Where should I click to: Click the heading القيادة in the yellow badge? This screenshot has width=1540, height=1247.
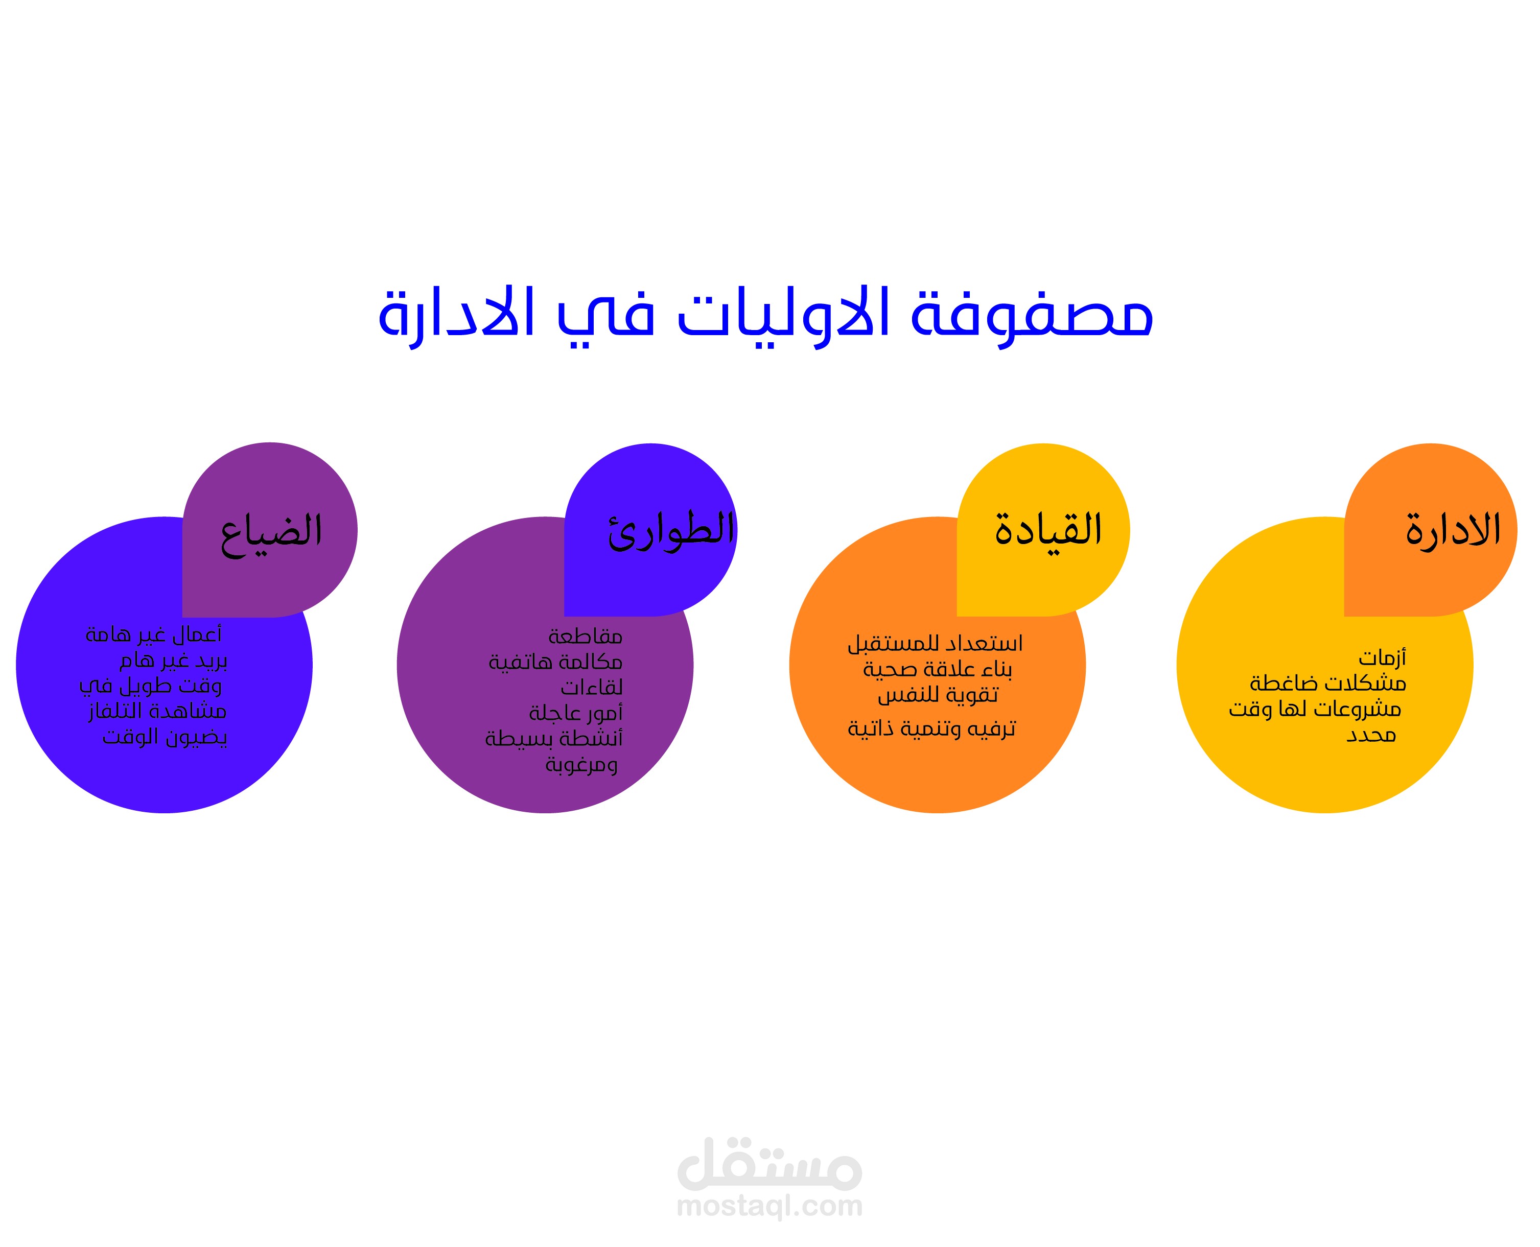coord(1048,531)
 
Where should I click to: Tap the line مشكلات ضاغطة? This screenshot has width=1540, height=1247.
coord(1328,683)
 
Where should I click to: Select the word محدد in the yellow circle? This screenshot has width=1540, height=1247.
coord(1371,735)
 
